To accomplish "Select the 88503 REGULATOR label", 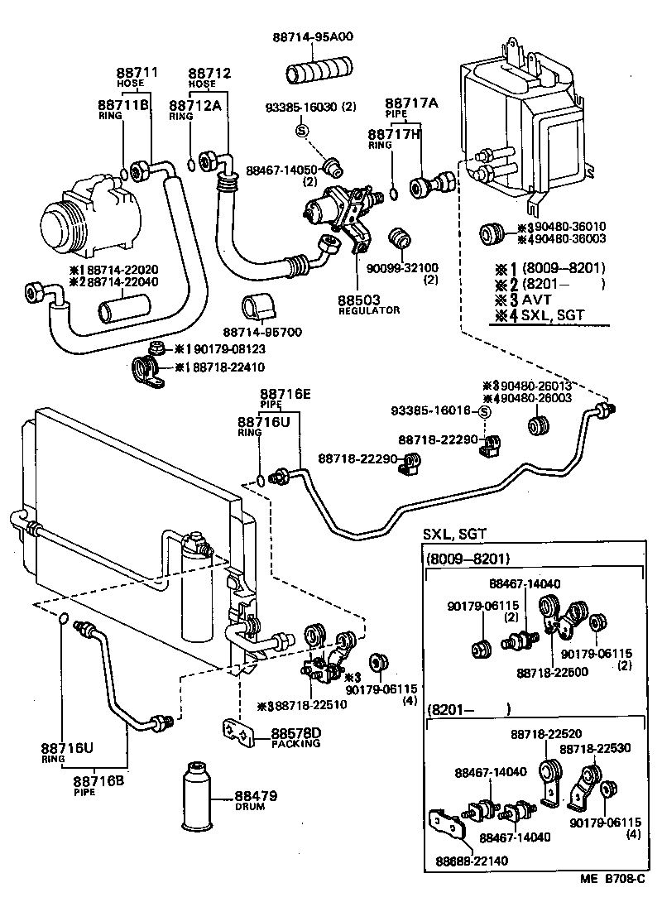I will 369,303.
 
